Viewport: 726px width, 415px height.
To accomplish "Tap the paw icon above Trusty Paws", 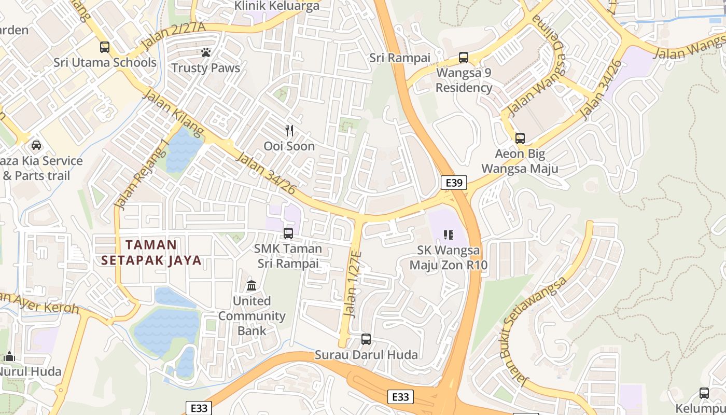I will [x=206, y=52].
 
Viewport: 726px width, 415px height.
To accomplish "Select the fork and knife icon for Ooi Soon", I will [x=289, y=131].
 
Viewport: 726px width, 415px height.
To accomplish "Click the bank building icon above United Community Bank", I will [x=252, y=285].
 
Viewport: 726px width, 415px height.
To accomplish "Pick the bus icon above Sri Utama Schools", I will [x=105, y=47].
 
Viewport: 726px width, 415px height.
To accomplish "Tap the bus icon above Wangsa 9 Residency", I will [x=463, y=58].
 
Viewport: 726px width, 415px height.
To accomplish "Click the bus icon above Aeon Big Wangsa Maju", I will [x=520, y=139].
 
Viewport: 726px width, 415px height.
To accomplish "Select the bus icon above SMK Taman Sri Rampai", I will [x=288, y=233].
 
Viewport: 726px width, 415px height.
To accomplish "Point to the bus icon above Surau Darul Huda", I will [x=366, y=339].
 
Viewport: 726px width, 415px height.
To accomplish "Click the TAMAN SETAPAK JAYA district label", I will [x=151, y=252].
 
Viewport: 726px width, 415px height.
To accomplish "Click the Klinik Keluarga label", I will [x=277, y=6].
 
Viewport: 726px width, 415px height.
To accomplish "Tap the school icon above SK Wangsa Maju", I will [x=449, y=235].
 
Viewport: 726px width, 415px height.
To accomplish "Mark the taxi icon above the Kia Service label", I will [x=36, y=145].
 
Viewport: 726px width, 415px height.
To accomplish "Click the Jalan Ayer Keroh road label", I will [x=39, y=303].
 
